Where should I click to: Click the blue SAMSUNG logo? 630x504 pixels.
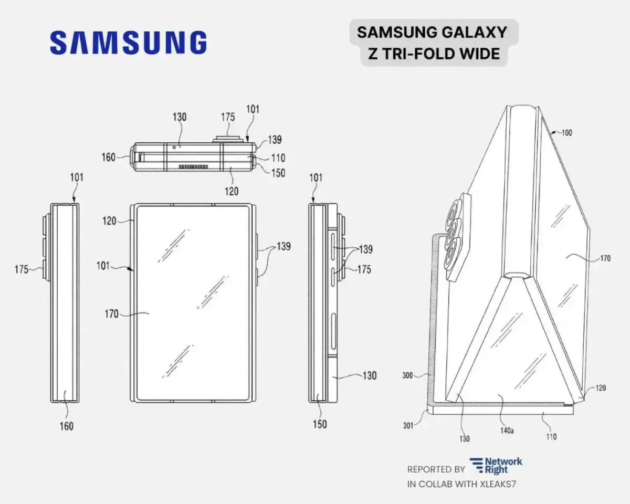pos(128,42)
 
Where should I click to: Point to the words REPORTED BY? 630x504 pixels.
pos(436,469)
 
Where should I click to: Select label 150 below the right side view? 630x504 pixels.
pos(319,424)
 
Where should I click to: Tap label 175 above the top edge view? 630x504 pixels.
pos(227,118)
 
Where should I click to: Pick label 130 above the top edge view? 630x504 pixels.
pos(179,117)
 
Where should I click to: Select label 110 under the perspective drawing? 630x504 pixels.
pos(550,436)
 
